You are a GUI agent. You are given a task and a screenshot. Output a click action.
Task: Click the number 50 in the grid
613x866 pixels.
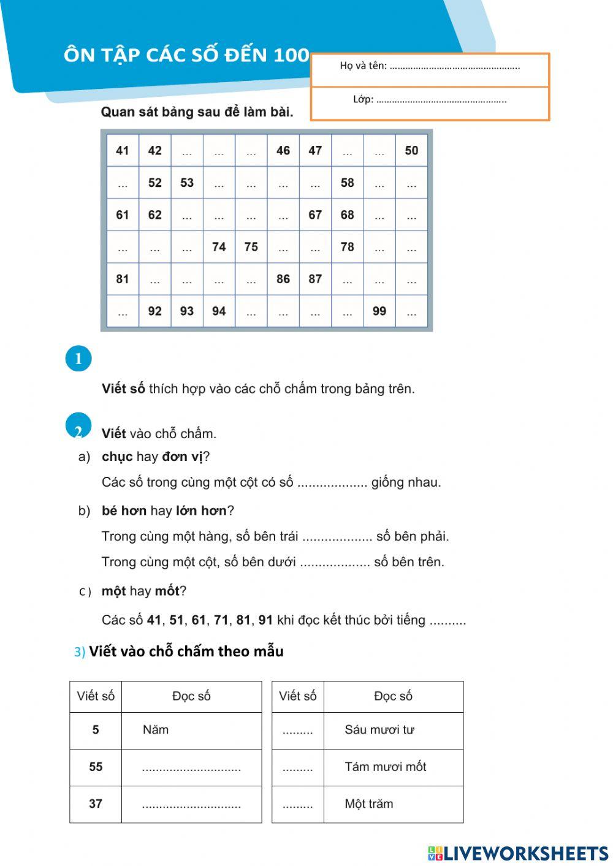411,151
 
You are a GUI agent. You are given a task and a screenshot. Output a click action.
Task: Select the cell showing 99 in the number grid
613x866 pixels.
379,311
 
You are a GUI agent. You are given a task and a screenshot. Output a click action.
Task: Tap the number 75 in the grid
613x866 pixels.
251,247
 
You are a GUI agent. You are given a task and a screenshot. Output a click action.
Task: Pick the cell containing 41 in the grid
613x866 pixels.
123,151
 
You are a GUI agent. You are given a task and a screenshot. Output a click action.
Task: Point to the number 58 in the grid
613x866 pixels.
347,183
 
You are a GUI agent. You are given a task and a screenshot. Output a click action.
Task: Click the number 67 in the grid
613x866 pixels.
315,215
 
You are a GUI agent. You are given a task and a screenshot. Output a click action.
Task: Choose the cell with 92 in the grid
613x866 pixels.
155,311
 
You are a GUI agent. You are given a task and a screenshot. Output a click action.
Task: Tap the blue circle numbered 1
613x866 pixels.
78,359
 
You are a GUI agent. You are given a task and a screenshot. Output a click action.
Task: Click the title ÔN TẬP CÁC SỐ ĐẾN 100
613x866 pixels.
186,55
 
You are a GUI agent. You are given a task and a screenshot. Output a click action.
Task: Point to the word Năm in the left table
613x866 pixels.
156,730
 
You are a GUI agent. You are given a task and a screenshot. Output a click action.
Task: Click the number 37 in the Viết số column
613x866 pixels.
96,803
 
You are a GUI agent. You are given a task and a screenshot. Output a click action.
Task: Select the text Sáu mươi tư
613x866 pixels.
379,730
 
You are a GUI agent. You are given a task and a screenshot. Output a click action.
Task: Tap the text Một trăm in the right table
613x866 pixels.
369,803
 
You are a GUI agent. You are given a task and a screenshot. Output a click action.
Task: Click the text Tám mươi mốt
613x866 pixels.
386,767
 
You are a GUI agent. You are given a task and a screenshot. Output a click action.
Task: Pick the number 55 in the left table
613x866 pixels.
96,767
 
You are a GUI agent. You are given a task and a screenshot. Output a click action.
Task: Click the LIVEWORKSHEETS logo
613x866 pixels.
518,853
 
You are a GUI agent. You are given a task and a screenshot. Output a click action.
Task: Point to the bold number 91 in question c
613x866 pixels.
265,620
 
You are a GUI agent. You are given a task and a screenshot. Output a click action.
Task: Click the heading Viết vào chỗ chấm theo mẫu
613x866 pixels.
186,651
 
